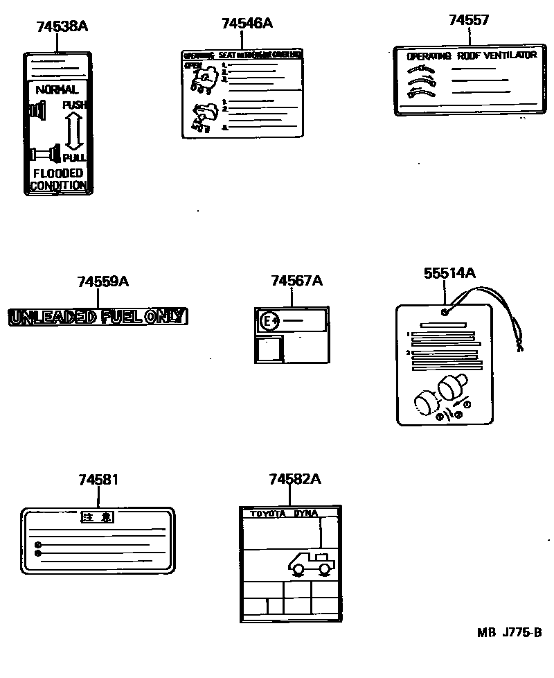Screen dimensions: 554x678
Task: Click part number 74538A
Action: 62,27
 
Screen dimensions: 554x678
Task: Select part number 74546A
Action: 247,24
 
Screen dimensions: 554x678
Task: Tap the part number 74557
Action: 468,20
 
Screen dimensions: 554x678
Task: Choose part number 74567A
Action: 296,281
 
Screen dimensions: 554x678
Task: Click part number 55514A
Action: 449,273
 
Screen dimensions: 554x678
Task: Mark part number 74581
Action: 98,479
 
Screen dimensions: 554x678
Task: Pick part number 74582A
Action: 295,479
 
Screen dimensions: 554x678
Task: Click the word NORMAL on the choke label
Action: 57,89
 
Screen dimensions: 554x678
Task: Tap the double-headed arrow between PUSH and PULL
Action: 74,130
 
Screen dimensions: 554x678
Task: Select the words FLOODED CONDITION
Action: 59,179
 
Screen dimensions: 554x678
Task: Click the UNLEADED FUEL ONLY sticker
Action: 98,318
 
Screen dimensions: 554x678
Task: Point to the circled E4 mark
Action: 268,321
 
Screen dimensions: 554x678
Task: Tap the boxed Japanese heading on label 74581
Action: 97,517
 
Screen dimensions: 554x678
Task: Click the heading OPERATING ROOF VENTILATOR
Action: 472,55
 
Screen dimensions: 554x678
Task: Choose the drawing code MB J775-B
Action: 508,633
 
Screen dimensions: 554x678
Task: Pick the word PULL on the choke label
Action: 74,158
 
